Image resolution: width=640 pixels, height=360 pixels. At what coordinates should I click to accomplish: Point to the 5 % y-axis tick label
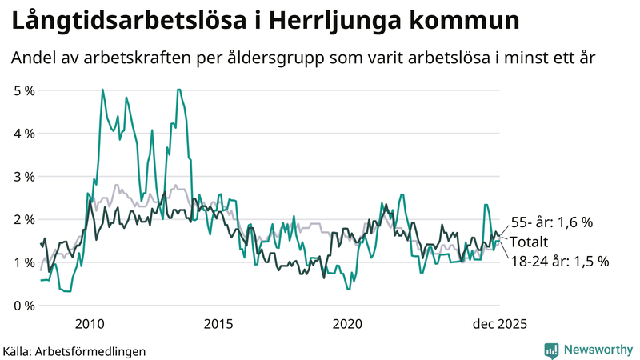pyautogui.click(x=24, y=90)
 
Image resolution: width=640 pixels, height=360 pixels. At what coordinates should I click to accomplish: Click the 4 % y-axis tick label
pyautogui.click(x=24, y=134)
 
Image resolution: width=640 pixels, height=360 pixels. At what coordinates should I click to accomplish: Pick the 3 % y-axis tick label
pyautogui.click(x=24, y=176)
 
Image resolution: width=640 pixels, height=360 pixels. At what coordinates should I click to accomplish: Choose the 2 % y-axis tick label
pyautogui.click(x=24, y=219)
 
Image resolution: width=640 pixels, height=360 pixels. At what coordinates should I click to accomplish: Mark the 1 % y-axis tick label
pyautogui.click(x=24, y=262)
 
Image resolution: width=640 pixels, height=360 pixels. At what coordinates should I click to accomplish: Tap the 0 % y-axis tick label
pyautogui.click(x=24, y=306)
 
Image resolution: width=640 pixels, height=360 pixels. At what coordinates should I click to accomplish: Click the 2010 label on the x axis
pyautogui.click(x=89, y=324)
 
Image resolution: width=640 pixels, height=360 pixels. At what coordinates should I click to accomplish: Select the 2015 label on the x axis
pyautogui.click(x=218, y=324)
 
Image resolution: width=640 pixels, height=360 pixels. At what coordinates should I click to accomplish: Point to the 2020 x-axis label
pyautogui.click(x=346, y=324)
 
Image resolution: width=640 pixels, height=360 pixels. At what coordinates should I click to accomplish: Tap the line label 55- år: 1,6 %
pyautogui.click(x=552, y=222)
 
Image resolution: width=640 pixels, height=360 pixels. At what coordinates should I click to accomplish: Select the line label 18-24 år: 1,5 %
pyautogui.click(x=559, y=261)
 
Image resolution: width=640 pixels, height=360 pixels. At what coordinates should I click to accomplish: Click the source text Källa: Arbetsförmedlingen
pyautogui.click(x=74, y=350)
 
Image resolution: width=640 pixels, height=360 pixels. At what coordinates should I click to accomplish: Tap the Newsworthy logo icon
pyautogui.click(x=551, y=350)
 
